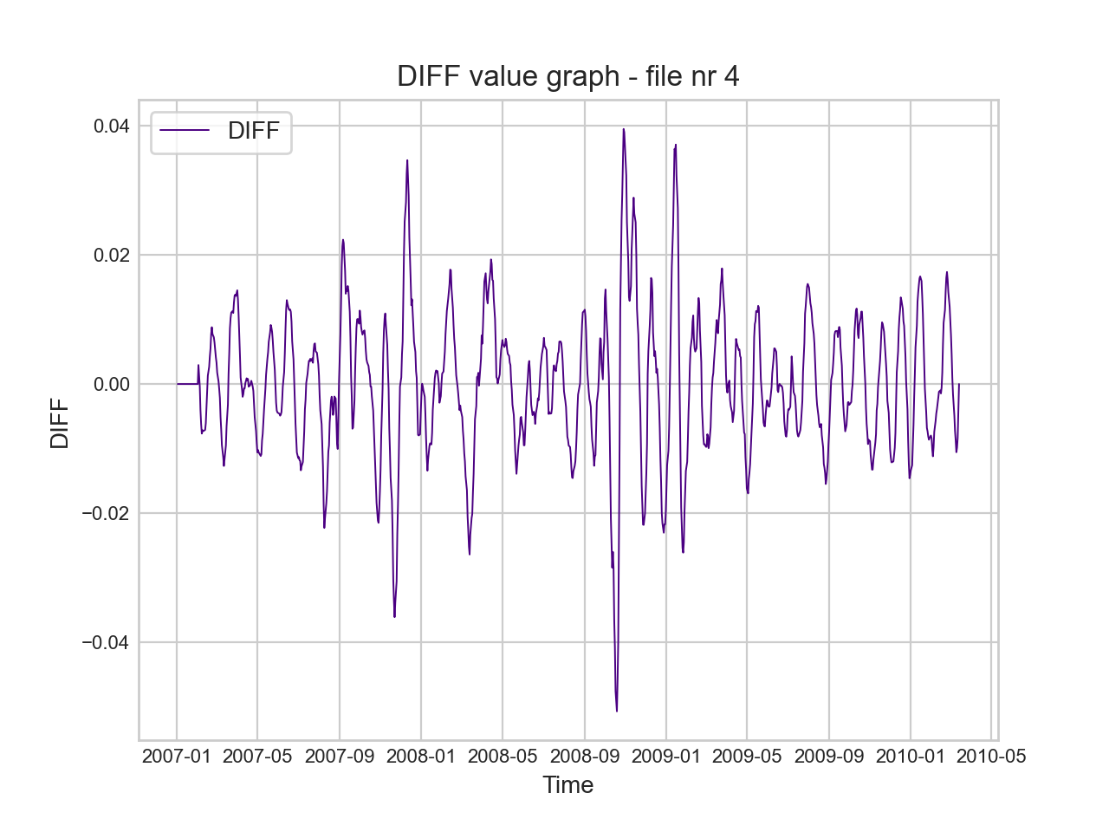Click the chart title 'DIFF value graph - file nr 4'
tap(567, 76)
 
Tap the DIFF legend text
tap(253, 131)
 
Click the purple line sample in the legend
tap(185, 131)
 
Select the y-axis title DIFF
tap(60, 423)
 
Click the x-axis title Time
tap(567, 785)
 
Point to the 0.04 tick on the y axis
tap(112, 127)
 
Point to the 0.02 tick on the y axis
tap(112, 256)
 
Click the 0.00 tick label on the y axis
tap(112, 385)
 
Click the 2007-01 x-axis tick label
tap(177, 757)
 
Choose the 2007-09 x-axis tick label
tap(340, 757)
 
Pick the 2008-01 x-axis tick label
tap(421, 757)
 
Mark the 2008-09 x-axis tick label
tap(585, 757)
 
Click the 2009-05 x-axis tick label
tap(747, 757)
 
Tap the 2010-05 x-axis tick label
tap(991, 757)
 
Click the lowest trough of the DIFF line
tap(617, 711)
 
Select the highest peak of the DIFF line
tap(623, 129)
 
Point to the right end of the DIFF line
tap(959, 384)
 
